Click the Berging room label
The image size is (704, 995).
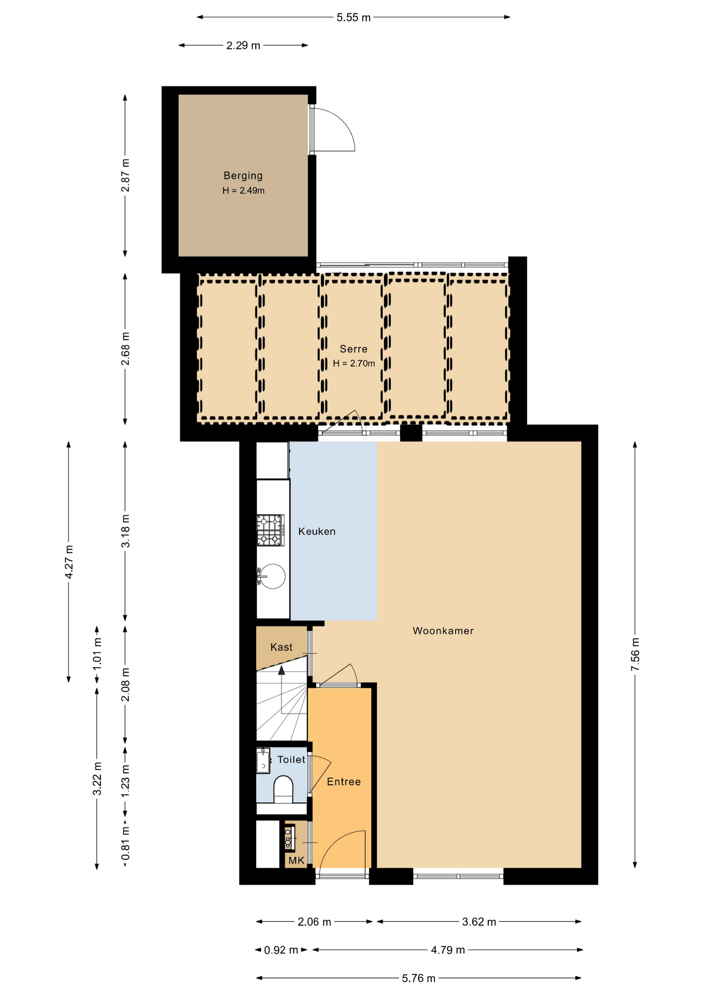coord(243,176)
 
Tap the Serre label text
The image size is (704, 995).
coord(354,349)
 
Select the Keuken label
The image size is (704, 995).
coord(317,531)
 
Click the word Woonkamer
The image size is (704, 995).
coord(443,631)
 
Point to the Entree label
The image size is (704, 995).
coord(344,781)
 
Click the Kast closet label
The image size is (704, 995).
coord(281,647)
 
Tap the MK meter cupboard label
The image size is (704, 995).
coord(296,860)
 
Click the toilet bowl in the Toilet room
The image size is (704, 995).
coord(283,789)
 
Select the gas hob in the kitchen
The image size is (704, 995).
coord(271,530)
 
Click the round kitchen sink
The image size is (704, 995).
coord(272,576)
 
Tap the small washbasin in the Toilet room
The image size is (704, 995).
coord(263,761)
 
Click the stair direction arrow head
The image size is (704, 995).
coord(281,670)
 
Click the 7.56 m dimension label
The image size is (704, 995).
coord(635,654)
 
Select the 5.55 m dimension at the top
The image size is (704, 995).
coord(354,17)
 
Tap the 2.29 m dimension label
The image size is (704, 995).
coord(243,46)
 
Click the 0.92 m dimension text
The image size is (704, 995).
coord(281,950)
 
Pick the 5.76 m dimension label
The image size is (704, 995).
coord(418,978)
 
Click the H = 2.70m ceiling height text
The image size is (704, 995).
coord(354,363)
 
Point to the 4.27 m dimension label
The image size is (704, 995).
coord(68,562)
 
